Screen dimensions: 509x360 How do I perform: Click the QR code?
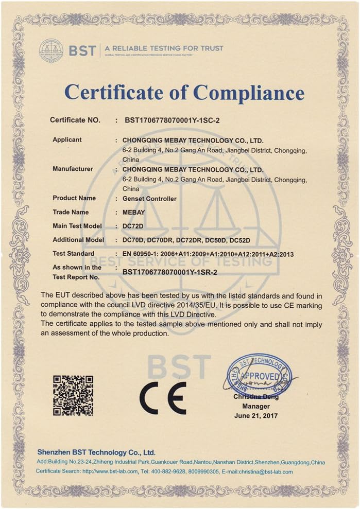point(73,395)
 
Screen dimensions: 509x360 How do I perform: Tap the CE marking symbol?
point(163,398)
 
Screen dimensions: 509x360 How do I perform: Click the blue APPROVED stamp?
point(259,374)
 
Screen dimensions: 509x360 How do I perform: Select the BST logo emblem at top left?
point(51,50)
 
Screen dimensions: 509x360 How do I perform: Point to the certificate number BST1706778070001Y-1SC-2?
point(173,120)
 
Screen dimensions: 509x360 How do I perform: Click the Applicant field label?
point(67,140)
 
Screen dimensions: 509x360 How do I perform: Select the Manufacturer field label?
point(73,169)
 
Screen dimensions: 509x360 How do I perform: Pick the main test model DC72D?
point(133,226)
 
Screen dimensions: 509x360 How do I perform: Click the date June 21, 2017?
point(256,415)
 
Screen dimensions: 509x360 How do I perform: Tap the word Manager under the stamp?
point(256,406)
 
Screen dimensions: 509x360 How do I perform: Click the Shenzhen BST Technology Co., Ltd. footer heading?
point(96,452)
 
